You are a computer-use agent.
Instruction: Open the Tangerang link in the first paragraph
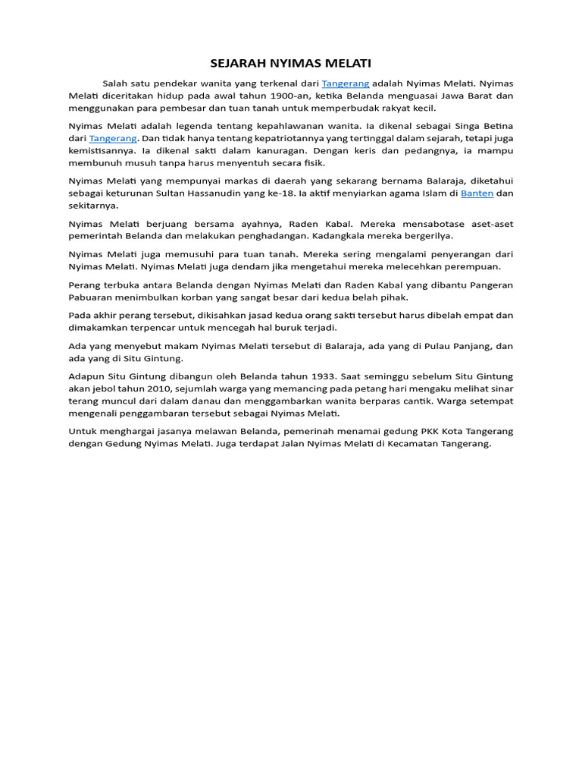(346, 83)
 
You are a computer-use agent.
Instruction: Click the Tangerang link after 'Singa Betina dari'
(113, 138)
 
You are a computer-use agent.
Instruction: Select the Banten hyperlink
(477, 193)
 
